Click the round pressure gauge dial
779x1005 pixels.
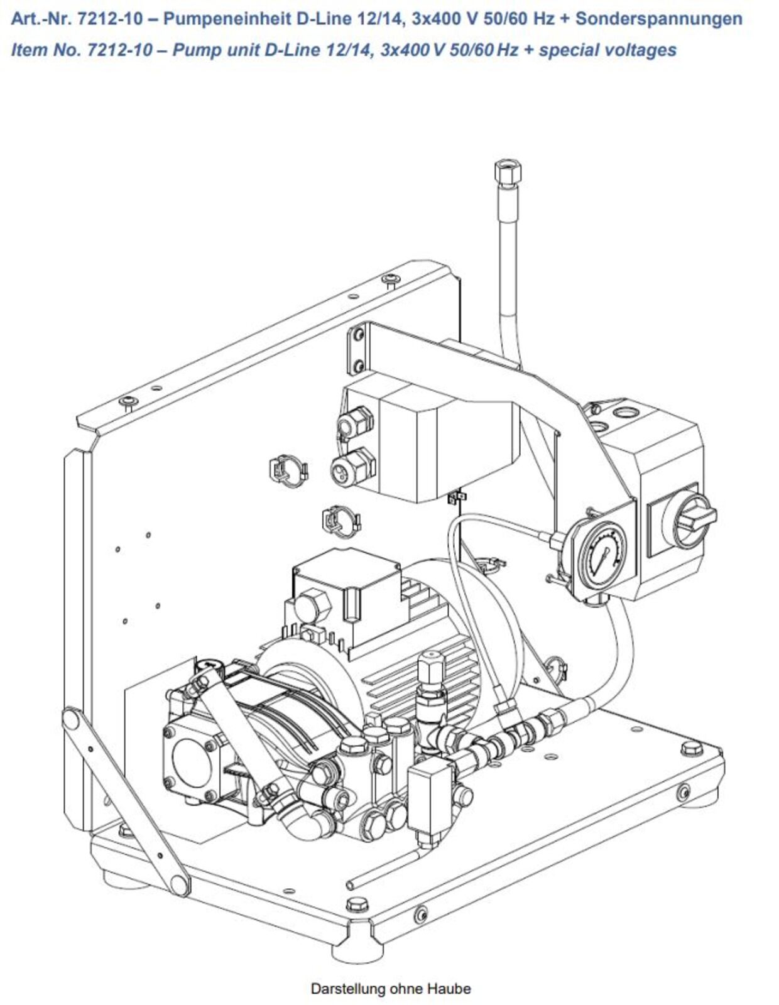(602, 555)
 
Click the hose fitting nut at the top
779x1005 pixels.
(505, 170)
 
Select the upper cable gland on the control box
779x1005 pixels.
(354, 424)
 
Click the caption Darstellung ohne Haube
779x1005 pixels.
(390, 988)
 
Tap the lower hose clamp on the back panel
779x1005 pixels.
(339, 521)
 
